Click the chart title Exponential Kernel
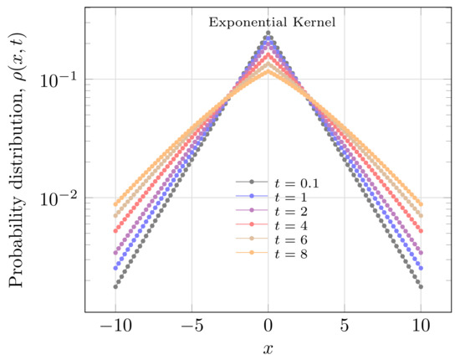[x=272, y=22]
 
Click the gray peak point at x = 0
[x=268, y=33]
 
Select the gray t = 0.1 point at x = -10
[x=115, y=286]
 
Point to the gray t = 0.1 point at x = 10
[x=422, y=286]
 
